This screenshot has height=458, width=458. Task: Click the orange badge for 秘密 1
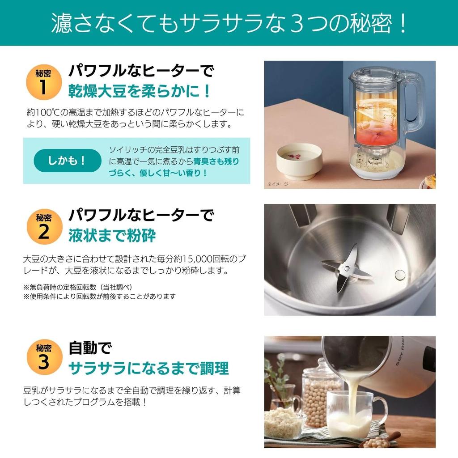43,82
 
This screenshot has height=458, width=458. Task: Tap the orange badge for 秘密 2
43,227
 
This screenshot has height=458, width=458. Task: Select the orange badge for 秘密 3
43,357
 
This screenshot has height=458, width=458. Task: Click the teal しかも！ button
68,161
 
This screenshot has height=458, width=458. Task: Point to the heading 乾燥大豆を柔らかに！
139,91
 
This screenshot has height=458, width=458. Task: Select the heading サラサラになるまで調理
148,368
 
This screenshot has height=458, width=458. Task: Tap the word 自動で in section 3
89,348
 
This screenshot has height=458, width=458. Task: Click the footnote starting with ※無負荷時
77,286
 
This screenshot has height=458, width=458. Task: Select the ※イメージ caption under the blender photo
278,184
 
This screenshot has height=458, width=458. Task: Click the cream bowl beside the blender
299,161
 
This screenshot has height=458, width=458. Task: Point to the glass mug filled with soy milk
353,414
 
